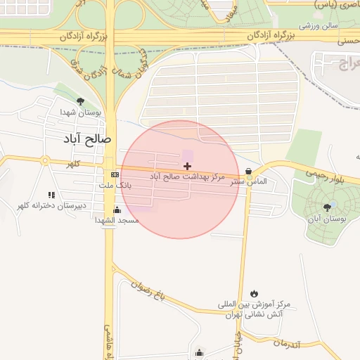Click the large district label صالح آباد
[87, 139]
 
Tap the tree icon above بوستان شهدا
[80, 101]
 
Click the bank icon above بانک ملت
[115, 174]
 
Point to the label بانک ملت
[117, 185]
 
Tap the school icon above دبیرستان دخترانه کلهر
[51, 195]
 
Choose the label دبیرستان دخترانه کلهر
[51, 205]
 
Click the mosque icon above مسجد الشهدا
[117, 210]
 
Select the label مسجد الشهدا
[117, 220]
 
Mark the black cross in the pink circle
[187, 166]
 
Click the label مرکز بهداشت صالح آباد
[187, 176]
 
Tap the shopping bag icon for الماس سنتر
[249, 171]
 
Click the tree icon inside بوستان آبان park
[327, 207]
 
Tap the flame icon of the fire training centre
[254, 293]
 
